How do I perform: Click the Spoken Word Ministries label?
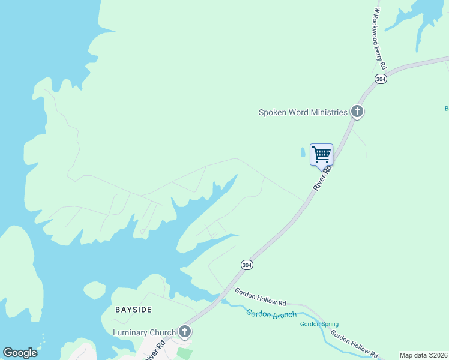[x=303, y=112]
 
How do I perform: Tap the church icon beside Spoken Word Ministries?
[x=357, y=111]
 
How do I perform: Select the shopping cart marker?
[x=321, y=154]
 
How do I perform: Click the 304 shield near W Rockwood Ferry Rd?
[x=380, y=79]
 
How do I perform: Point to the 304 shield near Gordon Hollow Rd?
[x=247, y=265]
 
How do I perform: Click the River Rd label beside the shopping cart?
[x=322, y=179]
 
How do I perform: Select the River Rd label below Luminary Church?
[x=157, y=350]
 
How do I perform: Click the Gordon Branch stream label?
[x=271, y=314]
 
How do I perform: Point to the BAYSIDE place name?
[x=133, y=310]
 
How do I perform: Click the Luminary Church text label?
[x=144, y=332]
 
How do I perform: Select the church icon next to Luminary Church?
[x=185, y=331]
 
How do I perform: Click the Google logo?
[x=20, y=353]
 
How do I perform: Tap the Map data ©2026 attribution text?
[x=423, y=355]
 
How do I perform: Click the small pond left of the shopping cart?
[x=303, y=154]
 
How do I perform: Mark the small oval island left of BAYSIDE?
[x=94, y=290]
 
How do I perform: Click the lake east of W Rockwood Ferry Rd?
[x=420, y=15]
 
